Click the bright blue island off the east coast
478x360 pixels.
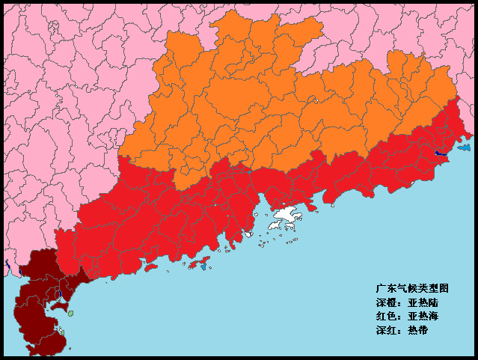tap(465, 148)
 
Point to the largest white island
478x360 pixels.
tap(285, 218)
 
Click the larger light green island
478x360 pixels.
tap(70, 314)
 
